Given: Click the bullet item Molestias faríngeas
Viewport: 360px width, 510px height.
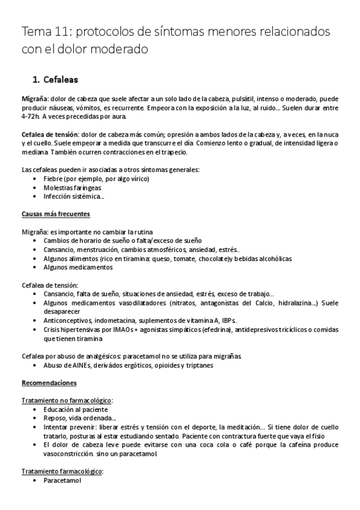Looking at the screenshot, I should [x=72, y=188].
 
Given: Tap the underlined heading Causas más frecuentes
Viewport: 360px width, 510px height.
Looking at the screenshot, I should [x=56, y=214].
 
